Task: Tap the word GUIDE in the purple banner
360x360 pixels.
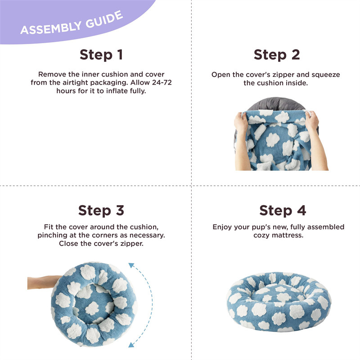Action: (104, 19)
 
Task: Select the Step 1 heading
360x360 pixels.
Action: (101, 55)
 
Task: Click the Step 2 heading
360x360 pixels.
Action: (277, 55)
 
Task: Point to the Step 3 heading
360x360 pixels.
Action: (101, 211)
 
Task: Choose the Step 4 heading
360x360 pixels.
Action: (283, 211)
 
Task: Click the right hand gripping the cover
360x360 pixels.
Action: (311, 121)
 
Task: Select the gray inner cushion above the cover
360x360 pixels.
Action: (277, 104)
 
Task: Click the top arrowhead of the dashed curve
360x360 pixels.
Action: (131, 265)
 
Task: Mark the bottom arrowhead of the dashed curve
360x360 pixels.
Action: (131, 344)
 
